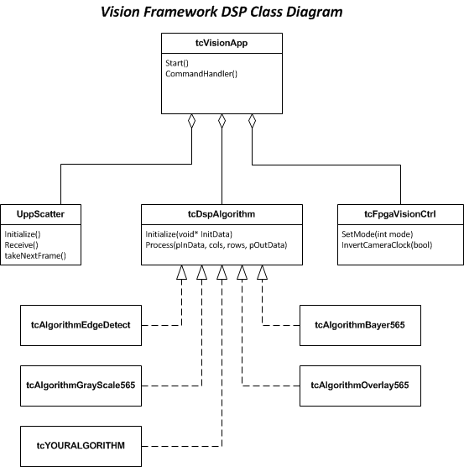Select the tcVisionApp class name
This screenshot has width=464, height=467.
point(222,43)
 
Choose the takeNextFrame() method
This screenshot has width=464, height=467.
point(35,254)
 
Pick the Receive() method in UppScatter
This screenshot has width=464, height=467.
point(22,244)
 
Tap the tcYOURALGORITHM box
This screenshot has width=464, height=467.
point(81,444)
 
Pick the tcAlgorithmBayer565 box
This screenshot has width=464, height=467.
point(360,325)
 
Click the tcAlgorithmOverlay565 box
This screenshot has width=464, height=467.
point(360,385)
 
